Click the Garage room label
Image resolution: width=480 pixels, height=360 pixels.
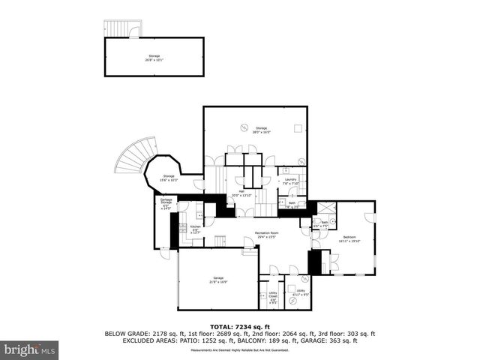pyautogui.click(x=218, y=280)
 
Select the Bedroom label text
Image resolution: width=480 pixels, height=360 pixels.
pyautogui.click(x=349, y=239)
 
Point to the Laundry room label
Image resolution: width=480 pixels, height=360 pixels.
pyautogui.click(x=291, y=181)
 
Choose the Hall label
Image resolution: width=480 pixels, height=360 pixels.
pyautogui.click(x=243, y=193)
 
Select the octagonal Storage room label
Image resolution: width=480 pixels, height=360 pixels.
pyautogui.click(x=169, y=178)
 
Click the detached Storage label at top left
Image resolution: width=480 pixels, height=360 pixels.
pyautogui.click(x=154, y=57)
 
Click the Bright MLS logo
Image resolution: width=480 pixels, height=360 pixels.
pyautogui.click(x=30, y=349)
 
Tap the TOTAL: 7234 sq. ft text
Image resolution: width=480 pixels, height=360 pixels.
pyautogui.click(x=239, y=327)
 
